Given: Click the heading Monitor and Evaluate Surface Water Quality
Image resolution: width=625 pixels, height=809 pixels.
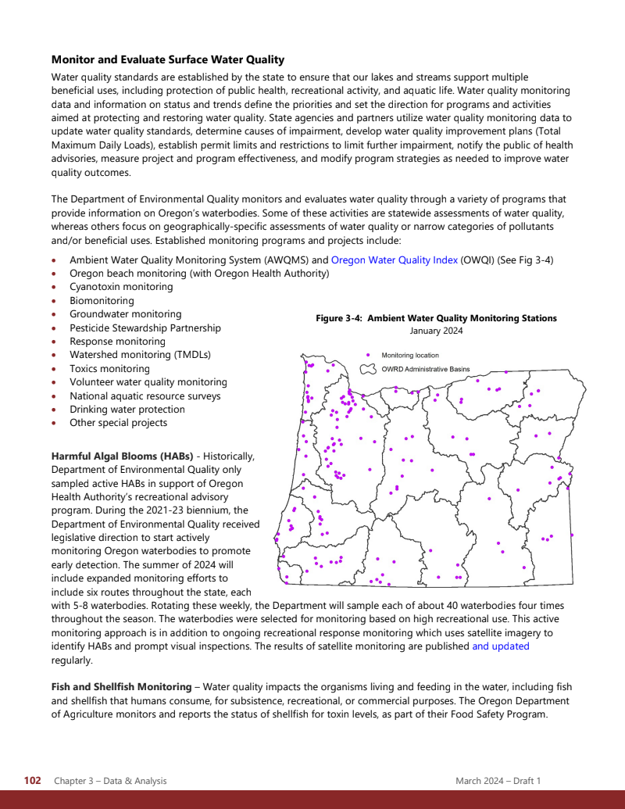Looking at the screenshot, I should (x=167, y=59).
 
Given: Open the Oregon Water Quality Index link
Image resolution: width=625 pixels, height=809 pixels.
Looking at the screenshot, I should (x=394, y=260).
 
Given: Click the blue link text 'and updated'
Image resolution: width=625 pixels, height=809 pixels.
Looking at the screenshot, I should (x=500, y=646).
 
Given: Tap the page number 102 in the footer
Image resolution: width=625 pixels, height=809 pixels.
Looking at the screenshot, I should (x=32, y=781).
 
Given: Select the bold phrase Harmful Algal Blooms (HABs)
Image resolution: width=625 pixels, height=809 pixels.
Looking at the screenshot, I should (x=123, y=456).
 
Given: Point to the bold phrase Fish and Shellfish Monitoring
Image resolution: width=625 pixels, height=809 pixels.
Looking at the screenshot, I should (x=121, y=687).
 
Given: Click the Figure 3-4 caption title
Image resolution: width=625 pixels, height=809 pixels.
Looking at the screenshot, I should (x=436, y=318).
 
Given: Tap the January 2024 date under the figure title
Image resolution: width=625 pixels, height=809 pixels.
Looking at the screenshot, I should (x=436, y=331).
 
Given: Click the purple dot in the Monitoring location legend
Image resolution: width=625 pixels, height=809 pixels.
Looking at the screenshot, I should (x=368, y=356).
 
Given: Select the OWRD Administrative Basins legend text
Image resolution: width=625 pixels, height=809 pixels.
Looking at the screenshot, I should (x=426, y=369).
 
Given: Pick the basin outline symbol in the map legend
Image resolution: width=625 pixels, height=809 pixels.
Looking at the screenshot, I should (x=368, y=369).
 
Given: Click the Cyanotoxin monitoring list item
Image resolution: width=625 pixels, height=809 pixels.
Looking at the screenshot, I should (x=121, y=287).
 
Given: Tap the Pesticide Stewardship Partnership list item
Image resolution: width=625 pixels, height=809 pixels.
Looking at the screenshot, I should (x=145, y=328).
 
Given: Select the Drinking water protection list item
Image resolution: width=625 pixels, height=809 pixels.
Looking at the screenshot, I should (x=127, y=410).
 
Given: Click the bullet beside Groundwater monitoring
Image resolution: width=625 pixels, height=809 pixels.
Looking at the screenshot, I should (x=53, y=315).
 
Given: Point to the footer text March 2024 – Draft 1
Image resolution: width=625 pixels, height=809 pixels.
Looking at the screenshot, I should (x=498, y=781).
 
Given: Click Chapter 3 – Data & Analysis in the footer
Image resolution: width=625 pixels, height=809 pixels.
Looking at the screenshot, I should (x=110, y=781).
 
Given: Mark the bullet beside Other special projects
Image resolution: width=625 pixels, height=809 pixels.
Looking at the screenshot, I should (x=53, y=424).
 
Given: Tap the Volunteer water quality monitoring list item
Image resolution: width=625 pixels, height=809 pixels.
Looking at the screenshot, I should (x=148, y=382).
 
